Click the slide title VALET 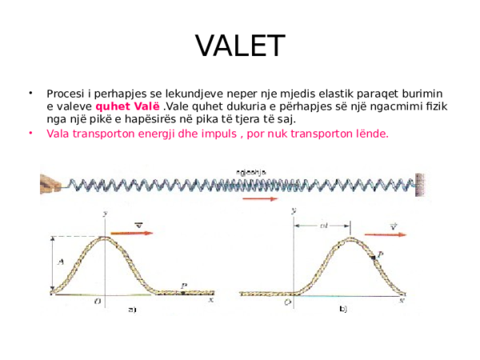pyautogui.click(x=240, y=45)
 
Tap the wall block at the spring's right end pyautogui.click(x=421, y=183)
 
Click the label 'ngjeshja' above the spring pyautogui.click(x=251, y=170)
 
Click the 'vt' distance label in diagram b pyautogui.click(x=323, y=226)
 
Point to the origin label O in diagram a pyautogui.click(x=98, y=302)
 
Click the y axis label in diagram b pyautogui.click(x=294, y=210)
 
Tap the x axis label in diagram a pyautogui.click(x=210, y=301)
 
